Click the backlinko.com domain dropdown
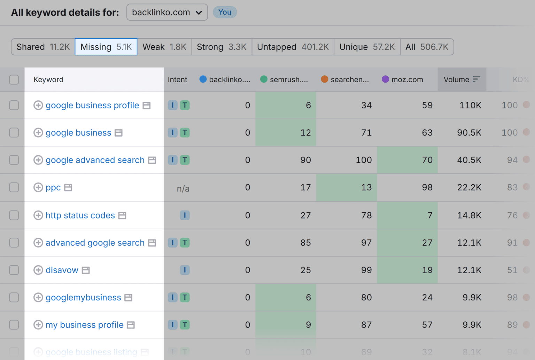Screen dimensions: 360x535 coord(167,13)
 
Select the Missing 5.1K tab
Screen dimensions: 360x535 coord(106,47)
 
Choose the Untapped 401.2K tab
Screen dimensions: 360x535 coord(293,47)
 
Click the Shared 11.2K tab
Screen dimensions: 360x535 coord(43,47)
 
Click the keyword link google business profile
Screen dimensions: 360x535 coord(92,105)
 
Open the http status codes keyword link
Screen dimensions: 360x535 coord(80,215)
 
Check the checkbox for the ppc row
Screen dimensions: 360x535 coord(14,187)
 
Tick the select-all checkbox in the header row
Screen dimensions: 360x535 coord(14,79)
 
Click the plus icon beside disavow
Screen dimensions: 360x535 coord(38,270)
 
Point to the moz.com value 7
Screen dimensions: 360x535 coord(430,215)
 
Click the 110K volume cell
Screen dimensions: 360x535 coord(470,105)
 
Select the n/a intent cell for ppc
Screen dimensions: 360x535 coord(183,189)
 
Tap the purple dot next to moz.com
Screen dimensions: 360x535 coord(385,79)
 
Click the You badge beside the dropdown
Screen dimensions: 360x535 coord(225,12)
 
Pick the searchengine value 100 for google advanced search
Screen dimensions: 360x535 coord(363,160)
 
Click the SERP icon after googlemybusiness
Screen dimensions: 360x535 coord(129,298)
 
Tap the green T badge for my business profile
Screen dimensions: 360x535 coord(185,325)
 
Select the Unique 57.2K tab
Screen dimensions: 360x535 coord(367,47)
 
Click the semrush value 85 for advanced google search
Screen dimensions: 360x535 coord(305,243)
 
